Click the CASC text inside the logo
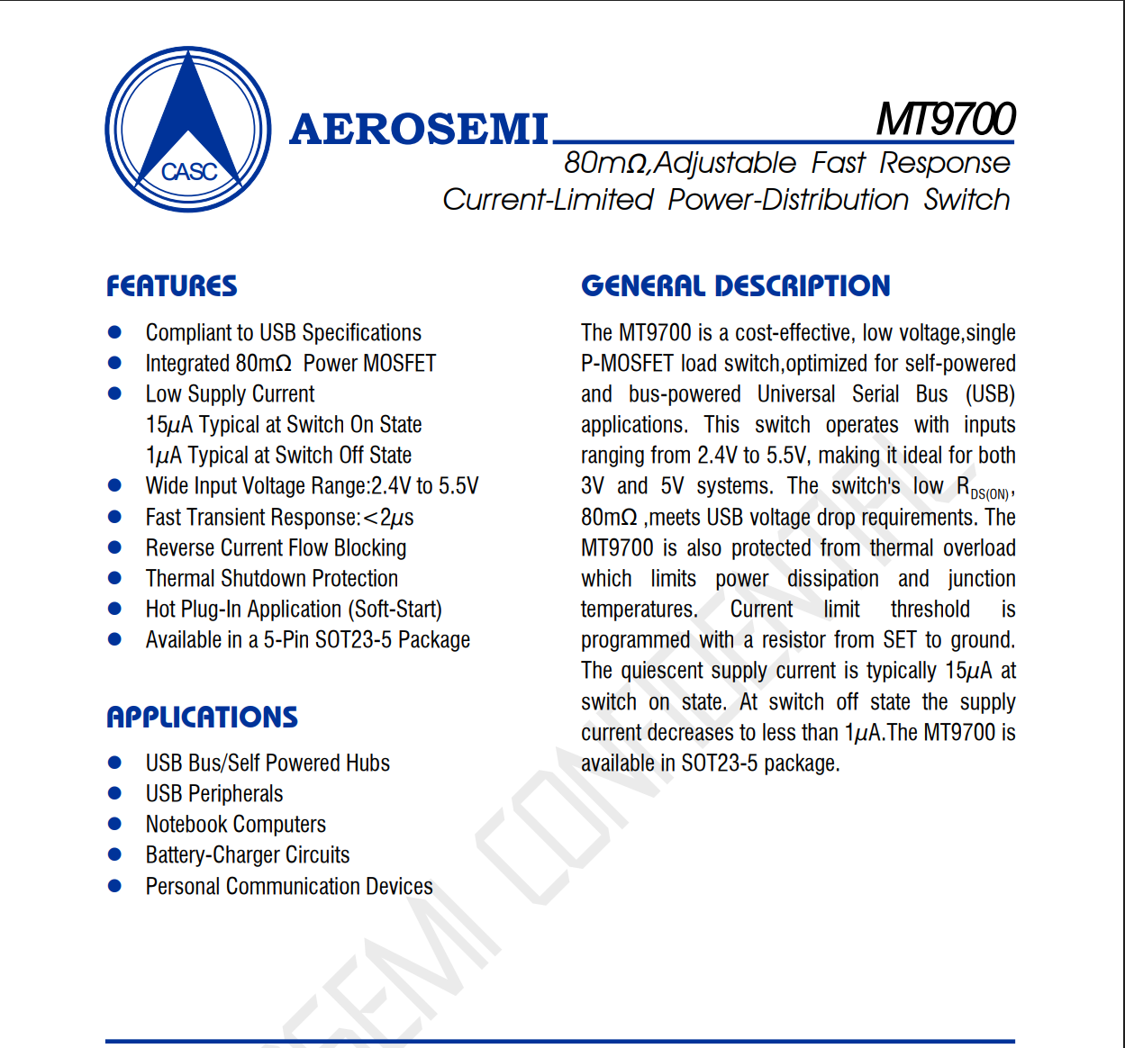pos(189,171)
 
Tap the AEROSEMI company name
pos(419,130)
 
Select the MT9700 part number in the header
pos(946,119)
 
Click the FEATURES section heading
pos(172,286)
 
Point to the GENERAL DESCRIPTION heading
pos(735,286)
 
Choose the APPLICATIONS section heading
pos(202,718)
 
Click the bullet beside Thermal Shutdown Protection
pos(114,578)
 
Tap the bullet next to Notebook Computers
pos(114,824)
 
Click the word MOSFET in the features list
pos(400,364)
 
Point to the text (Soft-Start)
pos(395,610)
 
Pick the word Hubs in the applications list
pos(367,763)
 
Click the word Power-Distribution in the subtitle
pos(788,200)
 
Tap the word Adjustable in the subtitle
pos(726,163)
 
